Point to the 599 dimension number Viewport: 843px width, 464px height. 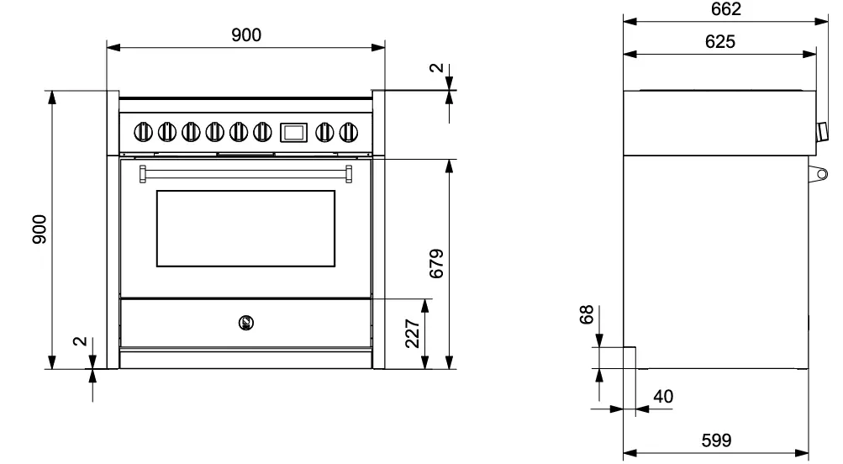tap(716, 440)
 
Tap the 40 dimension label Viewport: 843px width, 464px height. tap(662, 396)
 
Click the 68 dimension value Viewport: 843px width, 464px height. tap(587, 314)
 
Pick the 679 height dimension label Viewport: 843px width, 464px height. tap(436, 264)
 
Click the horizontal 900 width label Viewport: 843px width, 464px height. tap(245, 34)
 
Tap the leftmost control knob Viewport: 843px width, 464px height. tap(144, 131)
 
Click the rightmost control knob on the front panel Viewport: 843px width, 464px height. tap(347, 131)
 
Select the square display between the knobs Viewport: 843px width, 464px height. tap(292, 131)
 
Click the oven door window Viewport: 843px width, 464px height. tap(245, 228)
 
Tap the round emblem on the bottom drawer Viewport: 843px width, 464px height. tap(245, 321)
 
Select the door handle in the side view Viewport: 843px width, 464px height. tap(820, 174)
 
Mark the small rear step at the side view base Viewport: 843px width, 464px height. tap(629, 357)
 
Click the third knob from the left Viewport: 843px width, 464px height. tap(191, 131)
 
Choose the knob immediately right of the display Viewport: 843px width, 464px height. tap(324, 131)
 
